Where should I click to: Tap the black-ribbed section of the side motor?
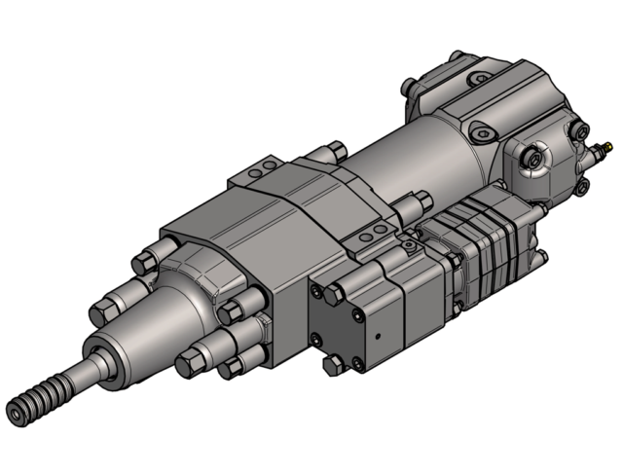click(487, 243)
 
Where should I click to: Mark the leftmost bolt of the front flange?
click(101, 313)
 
